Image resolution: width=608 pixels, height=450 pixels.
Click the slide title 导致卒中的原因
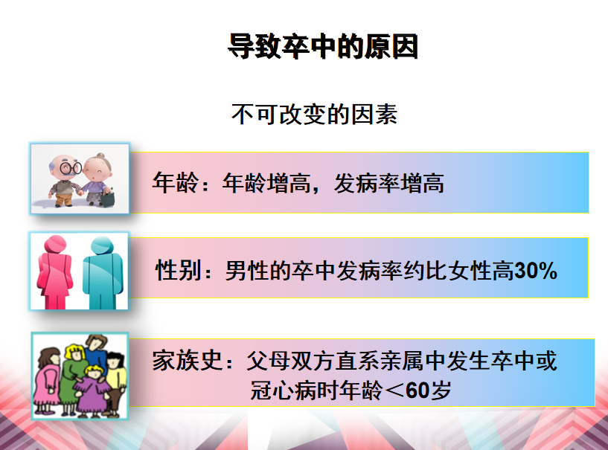click(323, 47)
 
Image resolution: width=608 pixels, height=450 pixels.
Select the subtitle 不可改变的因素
click(315, 115)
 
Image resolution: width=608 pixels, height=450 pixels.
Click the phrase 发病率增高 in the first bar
click(389, 183)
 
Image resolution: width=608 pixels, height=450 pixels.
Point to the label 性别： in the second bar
click(184, 270)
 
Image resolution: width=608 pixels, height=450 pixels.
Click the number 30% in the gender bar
click(536, 270)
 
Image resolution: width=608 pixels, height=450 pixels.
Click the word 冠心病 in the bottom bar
click(284, 390)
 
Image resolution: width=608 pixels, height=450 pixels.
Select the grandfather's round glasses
click(71, 168)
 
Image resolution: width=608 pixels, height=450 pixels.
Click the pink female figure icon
click(54, 271)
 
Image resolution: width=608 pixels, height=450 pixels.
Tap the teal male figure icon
click(103, 273)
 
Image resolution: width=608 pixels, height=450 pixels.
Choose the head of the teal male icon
click(102, 245)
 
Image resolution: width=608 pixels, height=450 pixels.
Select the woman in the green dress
click(72, 378)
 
